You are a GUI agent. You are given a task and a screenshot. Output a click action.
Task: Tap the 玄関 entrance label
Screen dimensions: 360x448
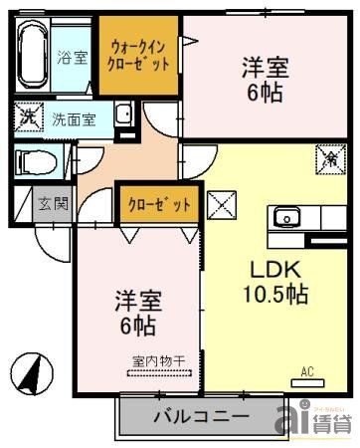52,206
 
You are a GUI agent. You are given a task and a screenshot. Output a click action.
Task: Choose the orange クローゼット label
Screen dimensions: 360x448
158,205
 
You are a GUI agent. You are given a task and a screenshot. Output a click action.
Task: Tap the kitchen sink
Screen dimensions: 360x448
286,217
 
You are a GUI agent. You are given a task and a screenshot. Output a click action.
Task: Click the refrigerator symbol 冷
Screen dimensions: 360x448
329,156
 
